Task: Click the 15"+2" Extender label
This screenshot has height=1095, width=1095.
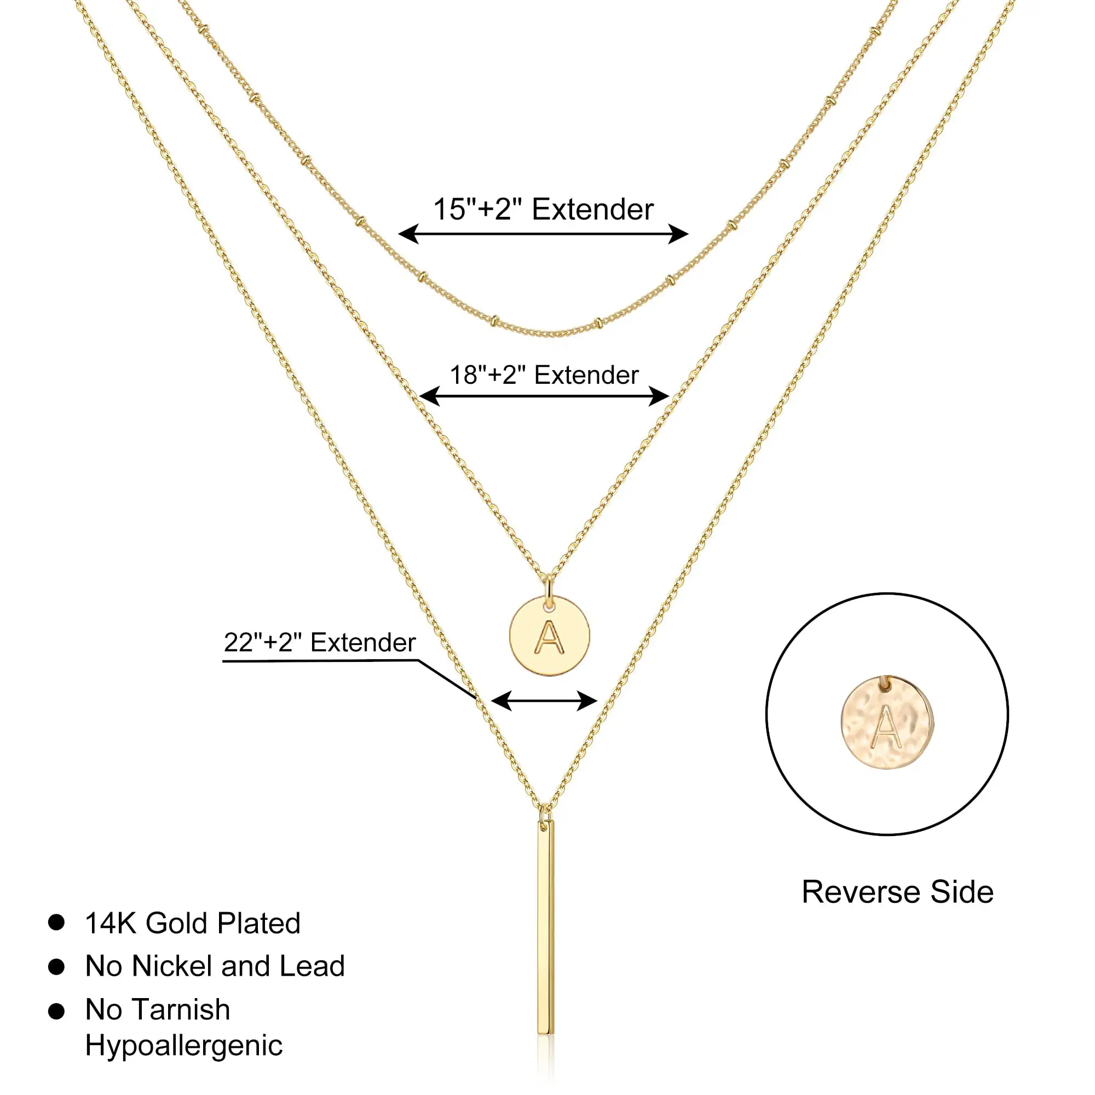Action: (543, 209)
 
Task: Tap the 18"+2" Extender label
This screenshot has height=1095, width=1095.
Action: (544, 375)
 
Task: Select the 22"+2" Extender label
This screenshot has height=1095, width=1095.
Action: (320, 643)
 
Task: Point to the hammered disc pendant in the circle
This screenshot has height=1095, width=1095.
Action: (887, 723)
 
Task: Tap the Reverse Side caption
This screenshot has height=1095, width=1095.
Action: (897, 892)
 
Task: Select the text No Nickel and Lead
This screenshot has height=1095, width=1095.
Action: (215, 966)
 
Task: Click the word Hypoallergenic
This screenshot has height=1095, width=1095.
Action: (183, 1045)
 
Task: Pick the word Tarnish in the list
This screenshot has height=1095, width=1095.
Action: (181, 1010)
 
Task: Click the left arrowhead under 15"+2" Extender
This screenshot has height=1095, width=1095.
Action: (408, 234)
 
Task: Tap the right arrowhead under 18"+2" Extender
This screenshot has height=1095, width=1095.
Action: (659, 396)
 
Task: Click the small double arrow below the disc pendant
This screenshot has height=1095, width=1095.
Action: (544, 701)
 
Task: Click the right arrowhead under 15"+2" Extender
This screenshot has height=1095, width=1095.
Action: (678, 234)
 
